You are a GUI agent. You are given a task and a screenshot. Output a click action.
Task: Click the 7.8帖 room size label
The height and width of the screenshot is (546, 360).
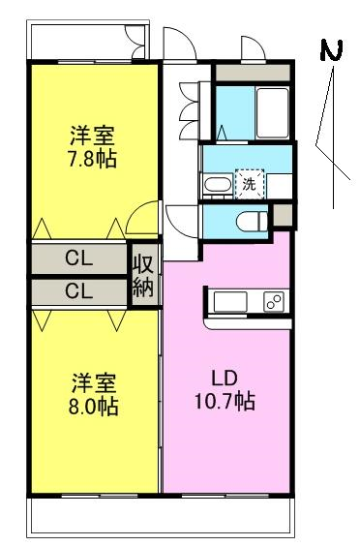pos(92,160)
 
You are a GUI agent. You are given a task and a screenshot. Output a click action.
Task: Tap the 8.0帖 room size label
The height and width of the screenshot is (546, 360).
pos(93,407)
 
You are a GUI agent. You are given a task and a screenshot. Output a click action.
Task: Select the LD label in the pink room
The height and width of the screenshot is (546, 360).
pos(225,379)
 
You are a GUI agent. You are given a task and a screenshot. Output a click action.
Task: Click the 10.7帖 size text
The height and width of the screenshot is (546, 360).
pos(225,402)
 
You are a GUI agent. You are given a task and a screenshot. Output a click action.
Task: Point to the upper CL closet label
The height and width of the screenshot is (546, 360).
pos(79,258)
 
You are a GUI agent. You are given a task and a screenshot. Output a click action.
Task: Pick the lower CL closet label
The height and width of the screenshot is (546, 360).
pos(79,290)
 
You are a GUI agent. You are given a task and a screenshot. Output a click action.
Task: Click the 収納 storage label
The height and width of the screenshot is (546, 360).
pos(143,276)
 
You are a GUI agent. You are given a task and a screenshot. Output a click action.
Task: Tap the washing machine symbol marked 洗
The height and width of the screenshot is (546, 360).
pos(250,184)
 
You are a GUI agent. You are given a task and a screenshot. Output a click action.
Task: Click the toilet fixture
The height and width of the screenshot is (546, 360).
pos(252,221)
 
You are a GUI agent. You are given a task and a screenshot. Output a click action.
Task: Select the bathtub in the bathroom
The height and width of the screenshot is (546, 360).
pos(273,113)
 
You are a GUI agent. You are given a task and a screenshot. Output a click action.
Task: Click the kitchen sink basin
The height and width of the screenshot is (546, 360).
pos(230,302)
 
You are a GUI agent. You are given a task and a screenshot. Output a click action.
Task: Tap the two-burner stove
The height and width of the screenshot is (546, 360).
pos(274,302)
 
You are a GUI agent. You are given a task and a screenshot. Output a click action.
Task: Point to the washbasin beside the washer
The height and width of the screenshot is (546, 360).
pos(218,185)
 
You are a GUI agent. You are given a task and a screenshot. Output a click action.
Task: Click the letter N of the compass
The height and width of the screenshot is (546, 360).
pos(331,50)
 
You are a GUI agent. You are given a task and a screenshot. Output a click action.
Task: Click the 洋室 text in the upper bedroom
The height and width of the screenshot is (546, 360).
pos(92,136)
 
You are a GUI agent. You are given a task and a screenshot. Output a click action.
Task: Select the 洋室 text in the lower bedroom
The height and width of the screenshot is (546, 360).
pos(94,383)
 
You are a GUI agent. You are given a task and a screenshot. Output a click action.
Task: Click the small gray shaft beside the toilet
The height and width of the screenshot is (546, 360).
pos(283,215)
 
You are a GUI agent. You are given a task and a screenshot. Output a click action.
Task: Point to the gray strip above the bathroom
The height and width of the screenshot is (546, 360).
pos(253,74)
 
